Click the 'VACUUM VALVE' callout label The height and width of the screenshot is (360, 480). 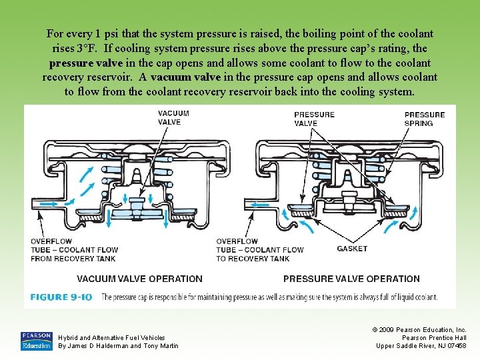(x=173, y=117)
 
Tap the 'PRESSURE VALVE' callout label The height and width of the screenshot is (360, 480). (x=314, y=119)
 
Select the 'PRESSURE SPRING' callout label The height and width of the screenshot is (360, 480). (x=425, y=119)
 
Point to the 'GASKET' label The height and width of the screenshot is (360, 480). (x=352, y=249)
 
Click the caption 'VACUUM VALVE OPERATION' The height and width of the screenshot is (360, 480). (x=139, y=279)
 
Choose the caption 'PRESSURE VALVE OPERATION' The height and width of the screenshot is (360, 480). (x=351, y=279)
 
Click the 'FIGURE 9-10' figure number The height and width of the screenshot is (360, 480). (x=61, y=297)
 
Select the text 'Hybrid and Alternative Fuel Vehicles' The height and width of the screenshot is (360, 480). (x=111, y=338)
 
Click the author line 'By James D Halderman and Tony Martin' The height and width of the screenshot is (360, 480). (x=118, y=345)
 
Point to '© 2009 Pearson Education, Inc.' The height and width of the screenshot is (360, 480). (x=419, y=330)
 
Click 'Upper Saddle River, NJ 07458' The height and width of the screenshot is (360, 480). (x=421, y=345)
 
